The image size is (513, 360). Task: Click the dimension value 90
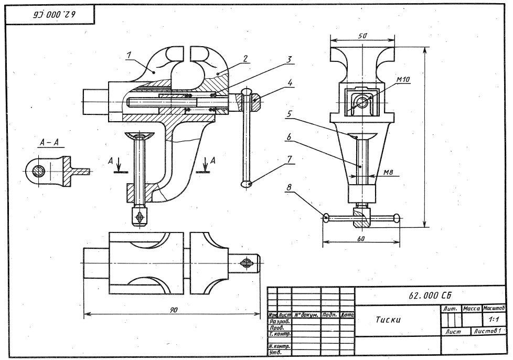tap(173, 311)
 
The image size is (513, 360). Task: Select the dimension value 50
tap(362, 36)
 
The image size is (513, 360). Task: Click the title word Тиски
tap(389, 320)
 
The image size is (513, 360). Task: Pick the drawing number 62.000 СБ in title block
tap(430, 295)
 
